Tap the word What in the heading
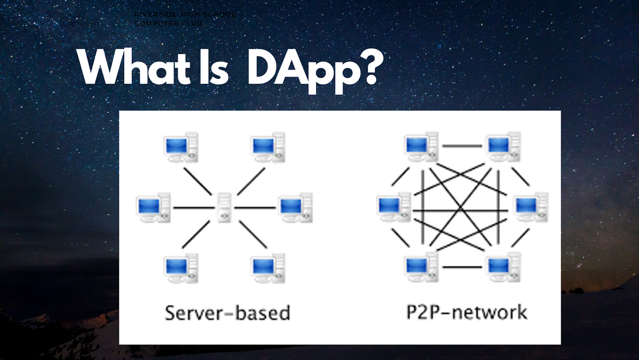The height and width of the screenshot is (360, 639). [x=134, y=68]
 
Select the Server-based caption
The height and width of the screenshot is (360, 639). [x=228, y=313]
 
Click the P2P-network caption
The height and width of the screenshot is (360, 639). [x=466, y=312]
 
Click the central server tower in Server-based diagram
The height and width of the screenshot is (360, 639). [x=224, y=207]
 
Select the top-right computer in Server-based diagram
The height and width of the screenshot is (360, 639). [x=268, y=147]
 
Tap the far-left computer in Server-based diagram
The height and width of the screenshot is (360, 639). [x=153, y=208]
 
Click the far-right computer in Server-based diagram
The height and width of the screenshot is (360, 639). [x=296, y=208]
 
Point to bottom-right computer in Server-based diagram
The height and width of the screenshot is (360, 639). [x=268, y=268]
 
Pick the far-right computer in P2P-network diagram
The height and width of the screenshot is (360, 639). [x=531, y=207]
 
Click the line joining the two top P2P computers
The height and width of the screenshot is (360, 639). [x=462, y=146]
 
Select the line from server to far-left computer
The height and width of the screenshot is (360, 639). [x=194, y=208]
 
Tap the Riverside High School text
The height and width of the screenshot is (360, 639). [x=185, y=14]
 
